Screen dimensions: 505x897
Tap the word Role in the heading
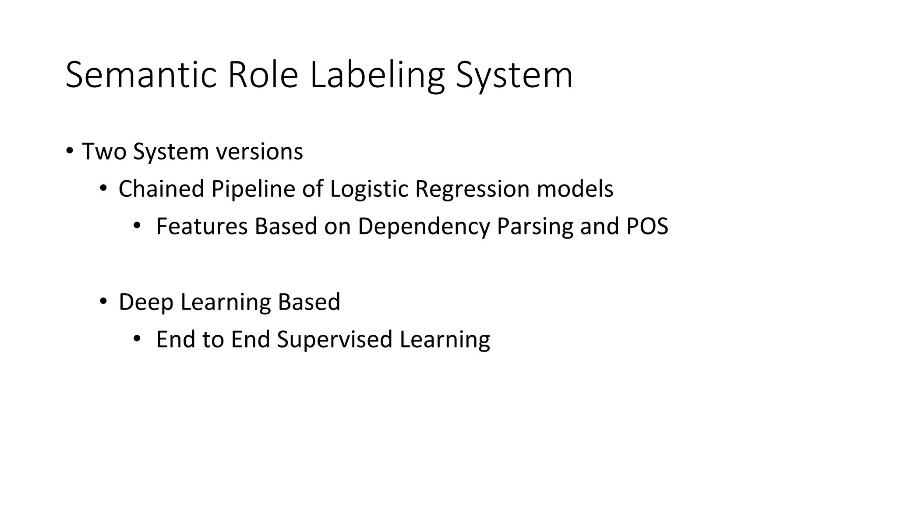tap(263, 75)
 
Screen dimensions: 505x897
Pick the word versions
tap(259, 152)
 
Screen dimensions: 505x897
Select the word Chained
tap(161, 189)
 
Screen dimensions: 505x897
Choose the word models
tap(575, 189)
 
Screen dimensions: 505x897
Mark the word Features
tap(202, 227)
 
